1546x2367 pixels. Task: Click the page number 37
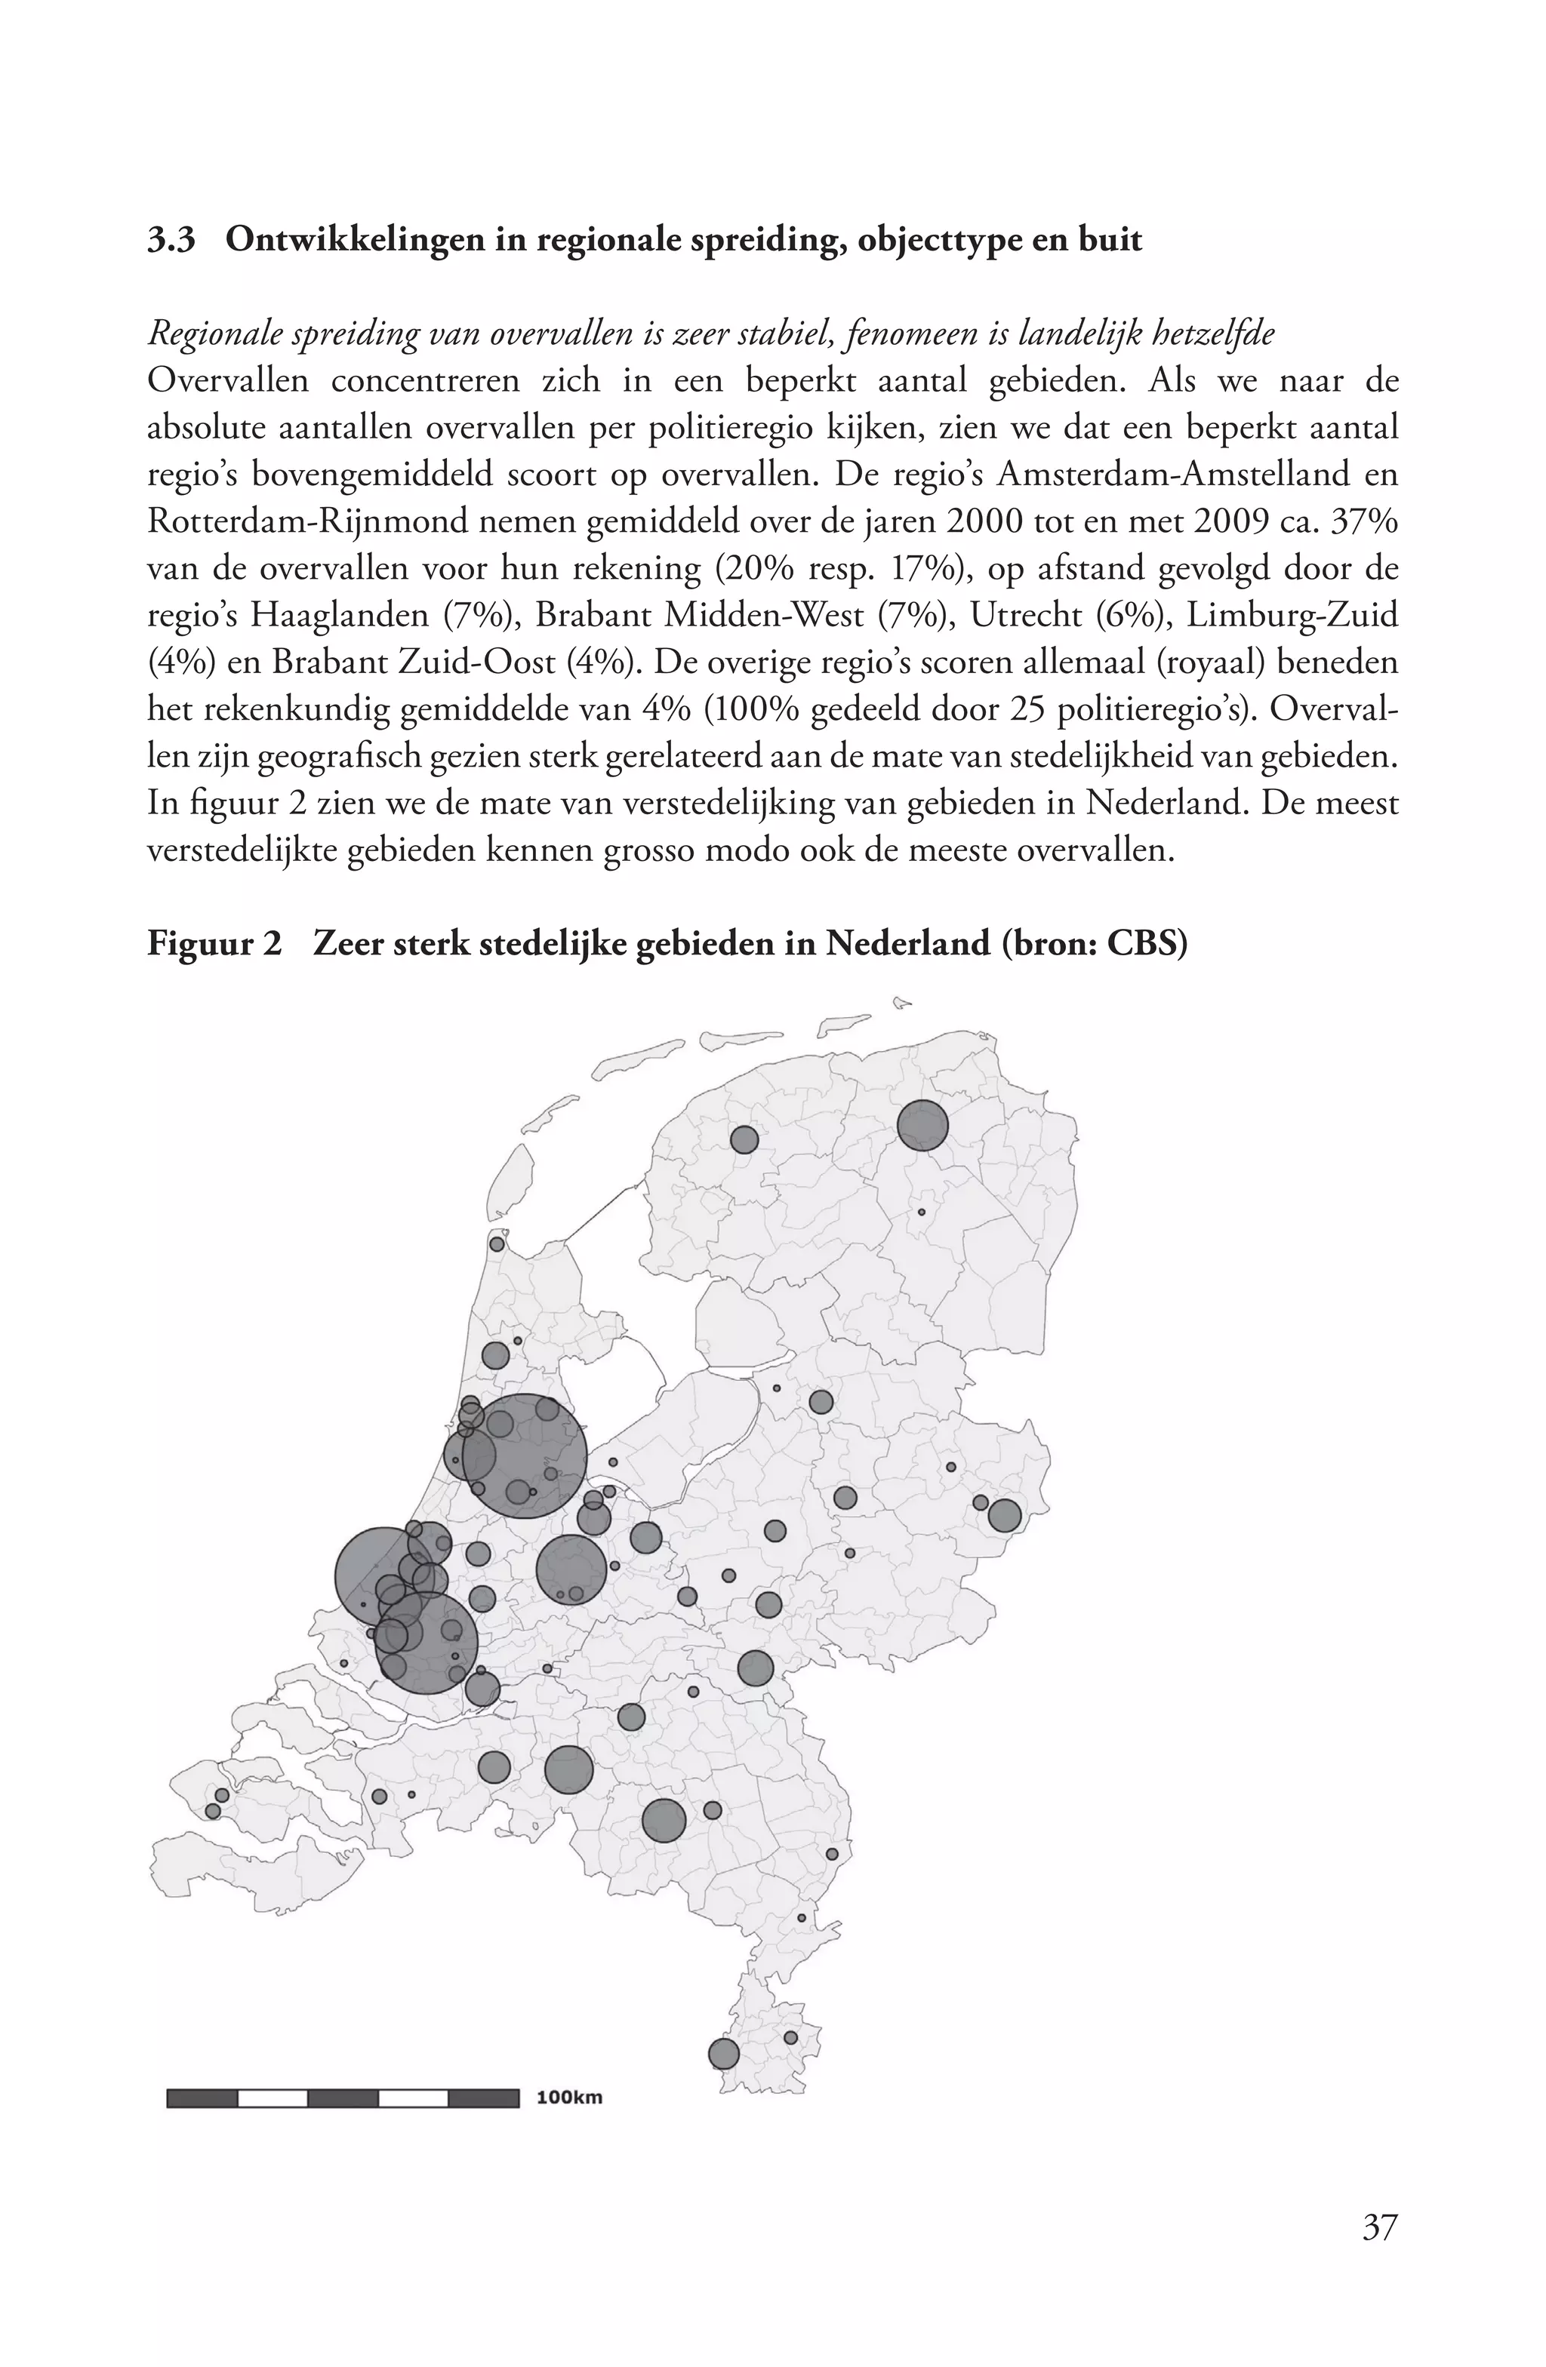click(1379, 2226)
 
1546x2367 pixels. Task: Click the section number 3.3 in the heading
click(171, 240)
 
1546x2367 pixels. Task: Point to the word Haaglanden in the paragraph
click(337, 616)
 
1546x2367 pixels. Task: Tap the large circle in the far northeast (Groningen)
click(922, 1126)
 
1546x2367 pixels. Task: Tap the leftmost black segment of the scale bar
click(203, 2098)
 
